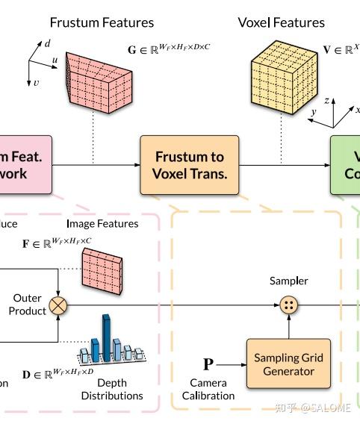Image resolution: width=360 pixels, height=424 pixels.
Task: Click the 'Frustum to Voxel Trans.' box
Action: point(189,165)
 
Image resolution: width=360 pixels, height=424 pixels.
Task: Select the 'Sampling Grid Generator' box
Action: point(288,364)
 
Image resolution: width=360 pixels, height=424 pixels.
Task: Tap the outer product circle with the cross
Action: point(58,305)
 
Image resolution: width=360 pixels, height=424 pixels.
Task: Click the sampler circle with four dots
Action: point(288,305)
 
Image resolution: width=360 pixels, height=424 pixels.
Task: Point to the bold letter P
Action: point(208,364)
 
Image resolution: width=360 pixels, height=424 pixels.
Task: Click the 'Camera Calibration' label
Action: point(208,389)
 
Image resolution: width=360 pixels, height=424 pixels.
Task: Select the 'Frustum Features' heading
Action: point(102,22)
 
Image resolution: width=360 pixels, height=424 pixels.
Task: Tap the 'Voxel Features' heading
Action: point(281,22)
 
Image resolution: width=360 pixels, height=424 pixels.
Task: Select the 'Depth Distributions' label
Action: point(111,389)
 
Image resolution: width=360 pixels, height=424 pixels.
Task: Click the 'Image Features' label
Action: point(102,223)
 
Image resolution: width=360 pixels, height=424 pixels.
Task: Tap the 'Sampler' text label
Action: point(288,281)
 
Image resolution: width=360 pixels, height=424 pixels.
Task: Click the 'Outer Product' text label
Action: point(28,305)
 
